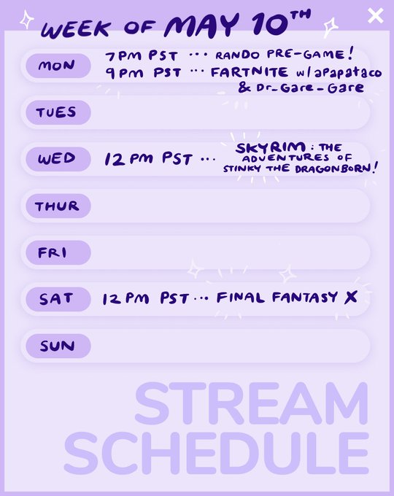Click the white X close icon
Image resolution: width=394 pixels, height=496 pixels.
click(376, 15)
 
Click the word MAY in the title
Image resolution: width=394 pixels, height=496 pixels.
click(201, 26)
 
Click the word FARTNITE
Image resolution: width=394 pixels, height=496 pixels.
click(250, 72)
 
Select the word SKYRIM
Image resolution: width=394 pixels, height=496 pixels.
click(271, 148)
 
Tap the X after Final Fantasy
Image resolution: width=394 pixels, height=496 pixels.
click(351, 297)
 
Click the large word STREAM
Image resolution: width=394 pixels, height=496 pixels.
click(252, 403)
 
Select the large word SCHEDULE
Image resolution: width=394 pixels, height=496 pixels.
click(217, 454)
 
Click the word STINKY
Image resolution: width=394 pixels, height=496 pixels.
click(242, 168)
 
